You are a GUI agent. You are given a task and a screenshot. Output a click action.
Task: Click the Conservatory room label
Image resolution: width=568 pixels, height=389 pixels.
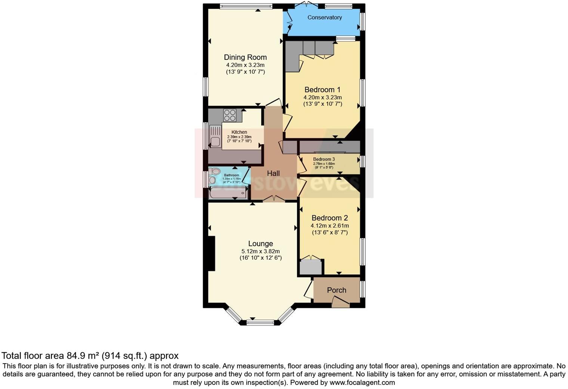(x=324, y=18)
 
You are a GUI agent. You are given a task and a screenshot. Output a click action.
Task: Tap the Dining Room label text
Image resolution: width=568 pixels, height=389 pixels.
(x=245, y=57)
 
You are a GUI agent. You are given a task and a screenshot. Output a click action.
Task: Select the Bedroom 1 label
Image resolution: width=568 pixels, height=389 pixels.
(x=322, y=90)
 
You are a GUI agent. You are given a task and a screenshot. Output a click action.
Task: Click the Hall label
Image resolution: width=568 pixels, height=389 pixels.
(x=273, y=173)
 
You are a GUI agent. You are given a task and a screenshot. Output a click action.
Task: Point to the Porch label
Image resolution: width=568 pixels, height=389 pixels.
(x=336, y=290)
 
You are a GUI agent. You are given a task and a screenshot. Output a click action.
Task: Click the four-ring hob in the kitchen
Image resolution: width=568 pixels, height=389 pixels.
(x=229, y=115)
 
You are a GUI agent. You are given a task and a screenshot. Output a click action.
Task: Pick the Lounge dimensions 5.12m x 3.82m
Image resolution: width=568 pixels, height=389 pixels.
(x=260, y=251)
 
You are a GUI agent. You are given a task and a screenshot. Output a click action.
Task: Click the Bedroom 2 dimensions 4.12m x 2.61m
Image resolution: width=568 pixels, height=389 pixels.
(x=330, y=226)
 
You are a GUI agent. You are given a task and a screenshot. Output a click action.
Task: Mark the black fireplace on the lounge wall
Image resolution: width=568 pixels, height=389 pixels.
(x=212, y=253)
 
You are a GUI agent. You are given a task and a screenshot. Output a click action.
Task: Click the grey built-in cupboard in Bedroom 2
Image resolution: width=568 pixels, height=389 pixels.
(x=311, y=268)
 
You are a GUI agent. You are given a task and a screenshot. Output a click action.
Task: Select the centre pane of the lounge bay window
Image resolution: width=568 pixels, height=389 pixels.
(x=260, y=322)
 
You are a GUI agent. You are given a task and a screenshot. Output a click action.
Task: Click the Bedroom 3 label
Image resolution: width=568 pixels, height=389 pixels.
(x=324, y=159)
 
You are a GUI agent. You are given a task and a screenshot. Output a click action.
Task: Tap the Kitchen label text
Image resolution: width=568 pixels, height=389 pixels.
(x=239, y=132)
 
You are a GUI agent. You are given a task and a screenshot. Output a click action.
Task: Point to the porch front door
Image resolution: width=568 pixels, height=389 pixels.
(x=340, y=302)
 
